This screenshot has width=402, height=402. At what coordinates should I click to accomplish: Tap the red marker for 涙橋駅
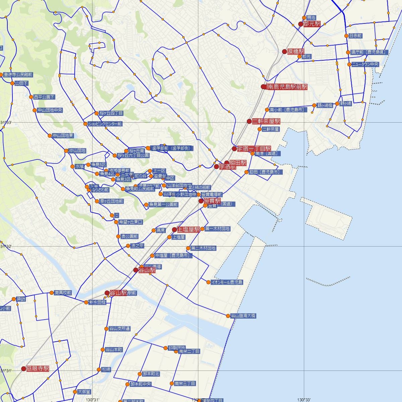point(284,52)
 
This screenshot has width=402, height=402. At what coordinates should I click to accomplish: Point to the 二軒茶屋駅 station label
point(266,121)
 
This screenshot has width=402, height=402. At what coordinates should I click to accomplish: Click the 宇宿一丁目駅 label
point(254,149)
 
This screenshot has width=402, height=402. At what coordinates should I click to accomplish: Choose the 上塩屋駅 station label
point(188,229)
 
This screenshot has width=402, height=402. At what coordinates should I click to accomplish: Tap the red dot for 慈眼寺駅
point(23,368)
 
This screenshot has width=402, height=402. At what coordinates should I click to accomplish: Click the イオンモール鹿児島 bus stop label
point(227,282)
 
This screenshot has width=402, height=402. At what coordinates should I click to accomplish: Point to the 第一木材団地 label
point(217,229)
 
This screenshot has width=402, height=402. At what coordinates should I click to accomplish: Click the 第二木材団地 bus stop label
point(203,248)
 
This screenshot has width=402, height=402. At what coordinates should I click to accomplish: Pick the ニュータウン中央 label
point(365,64)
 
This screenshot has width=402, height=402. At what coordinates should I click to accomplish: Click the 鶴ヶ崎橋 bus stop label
point(325,105)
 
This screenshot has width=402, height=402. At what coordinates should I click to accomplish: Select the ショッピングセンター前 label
point(105,124)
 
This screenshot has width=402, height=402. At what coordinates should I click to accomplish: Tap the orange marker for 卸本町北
point(140,374)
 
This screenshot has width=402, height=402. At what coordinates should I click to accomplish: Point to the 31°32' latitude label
point(6,247)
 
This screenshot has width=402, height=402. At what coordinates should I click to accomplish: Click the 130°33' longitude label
point(304,400)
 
